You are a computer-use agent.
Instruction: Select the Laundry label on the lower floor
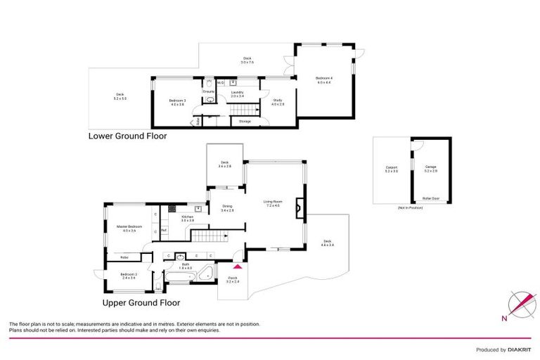tap(238, 92)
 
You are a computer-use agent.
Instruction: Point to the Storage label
tap(245, 121)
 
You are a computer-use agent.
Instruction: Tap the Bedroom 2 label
tap(127, 275)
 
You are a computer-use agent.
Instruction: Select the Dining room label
tap(228, 208)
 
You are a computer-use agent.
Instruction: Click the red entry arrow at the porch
tap(237, 266)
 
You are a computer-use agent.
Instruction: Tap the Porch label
tap(233, 279)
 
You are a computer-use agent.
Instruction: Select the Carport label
tap(392, 169)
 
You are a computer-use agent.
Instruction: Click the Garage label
tap(430, 169)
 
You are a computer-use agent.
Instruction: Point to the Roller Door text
tap(430, 199)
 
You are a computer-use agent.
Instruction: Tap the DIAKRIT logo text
tap(517, 349)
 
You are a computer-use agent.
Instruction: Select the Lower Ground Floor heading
tap(127, 136)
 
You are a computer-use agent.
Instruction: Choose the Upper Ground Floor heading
tap(141, 303)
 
